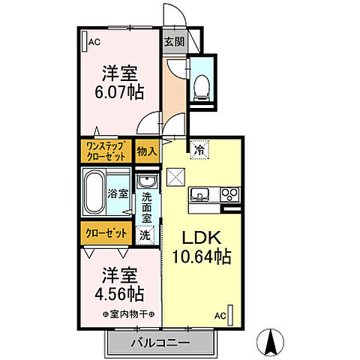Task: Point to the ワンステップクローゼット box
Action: coord(106,150)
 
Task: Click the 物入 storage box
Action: coord(146,151)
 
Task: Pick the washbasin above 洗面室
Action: coord(145,184)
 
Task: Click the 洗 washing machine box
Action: coord(145,234)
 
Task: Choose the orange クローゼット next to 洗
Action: coord(106,233)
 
